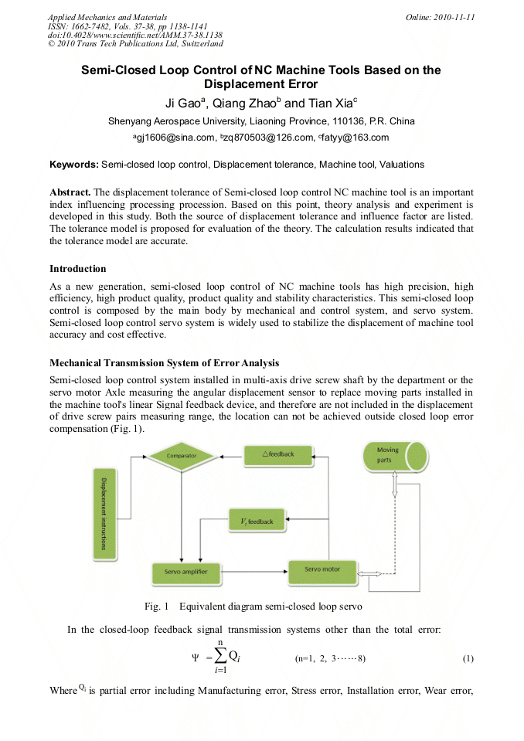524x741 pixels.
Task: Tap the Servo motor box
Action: pos(323,570)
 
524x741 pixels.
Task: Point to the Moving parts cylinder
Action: pos(394,456)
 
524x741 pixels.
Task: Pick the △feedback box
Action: pos(278,454)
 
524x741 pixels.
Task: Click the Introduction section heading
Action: pos(78,269)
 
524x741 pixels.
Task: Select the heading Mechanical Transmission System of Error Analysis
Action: pos(165,363)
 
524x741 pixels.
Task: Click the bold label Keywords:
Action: pos(74,165)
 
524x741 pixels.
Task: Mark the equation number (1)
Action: pos(468,658)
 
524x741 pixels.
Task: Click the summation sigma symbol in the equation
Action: pos(219,658)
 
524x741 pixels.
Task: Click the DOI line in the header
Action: pos(135,36)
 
